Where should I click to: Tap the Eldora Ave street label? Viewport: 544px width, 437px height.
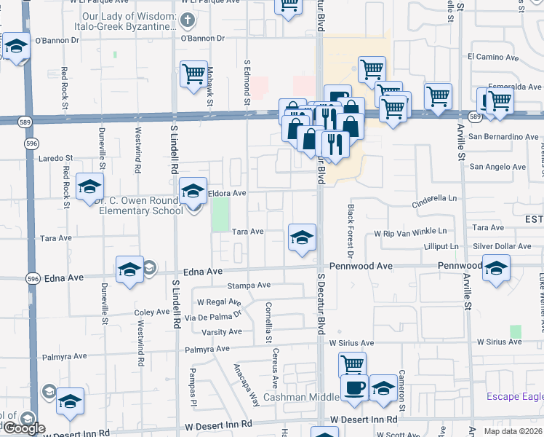pos(228,194)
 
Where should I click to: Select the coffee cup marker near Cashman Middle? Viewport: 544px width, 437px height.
pos(354,387)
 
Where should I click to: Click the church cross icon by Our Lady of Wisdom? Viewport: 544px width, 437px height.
pos(188,20)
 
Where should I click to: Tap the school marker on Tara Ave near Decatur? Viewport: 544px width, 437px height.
pos(302,237)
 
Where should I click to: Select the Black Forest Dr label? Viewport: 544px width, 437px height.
pos(350,232)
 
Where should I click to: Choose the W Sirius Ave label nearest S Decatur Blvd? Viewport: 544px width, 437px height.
pos(351,342)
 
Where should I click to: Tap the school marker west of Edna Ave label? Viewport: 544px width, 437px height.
pos(129,270)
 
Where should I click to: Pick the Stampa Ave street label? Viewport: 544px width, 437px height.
pos(249,286)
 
